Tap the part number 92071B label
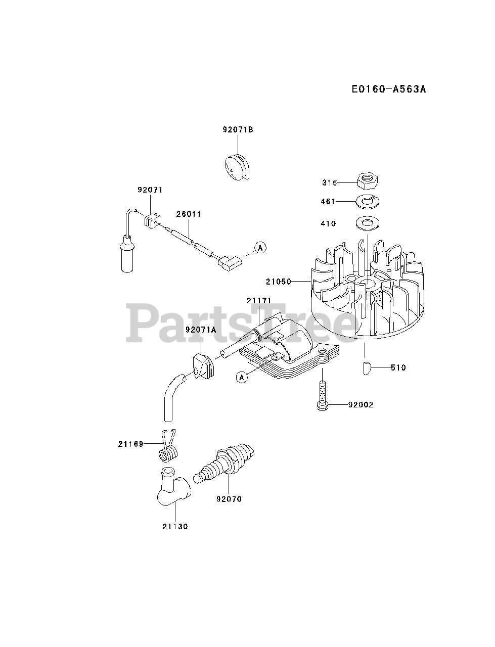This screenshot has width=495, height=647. click(238, 130)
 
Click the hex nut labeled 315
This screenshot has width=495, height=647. click(366, 179)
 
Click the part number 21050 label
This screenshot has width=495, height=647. click(279, 282)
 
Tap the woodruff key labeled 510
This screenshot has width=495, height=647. click(368, 368)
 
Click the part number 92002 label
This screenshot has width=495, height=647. click(361, 405)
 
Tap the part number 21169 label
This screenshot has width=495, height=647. click(131, 444)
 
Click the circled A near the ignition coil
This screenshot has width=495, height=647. click(242, 377)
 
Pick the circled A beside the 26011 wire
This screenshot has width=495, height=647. click(260, 247)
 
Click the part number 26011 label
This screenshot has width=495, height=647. click(189, 214)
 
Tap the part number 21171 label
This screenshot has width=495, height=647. click(259, 301)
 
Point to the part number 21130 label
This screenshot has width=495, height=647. click(175, 526)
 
